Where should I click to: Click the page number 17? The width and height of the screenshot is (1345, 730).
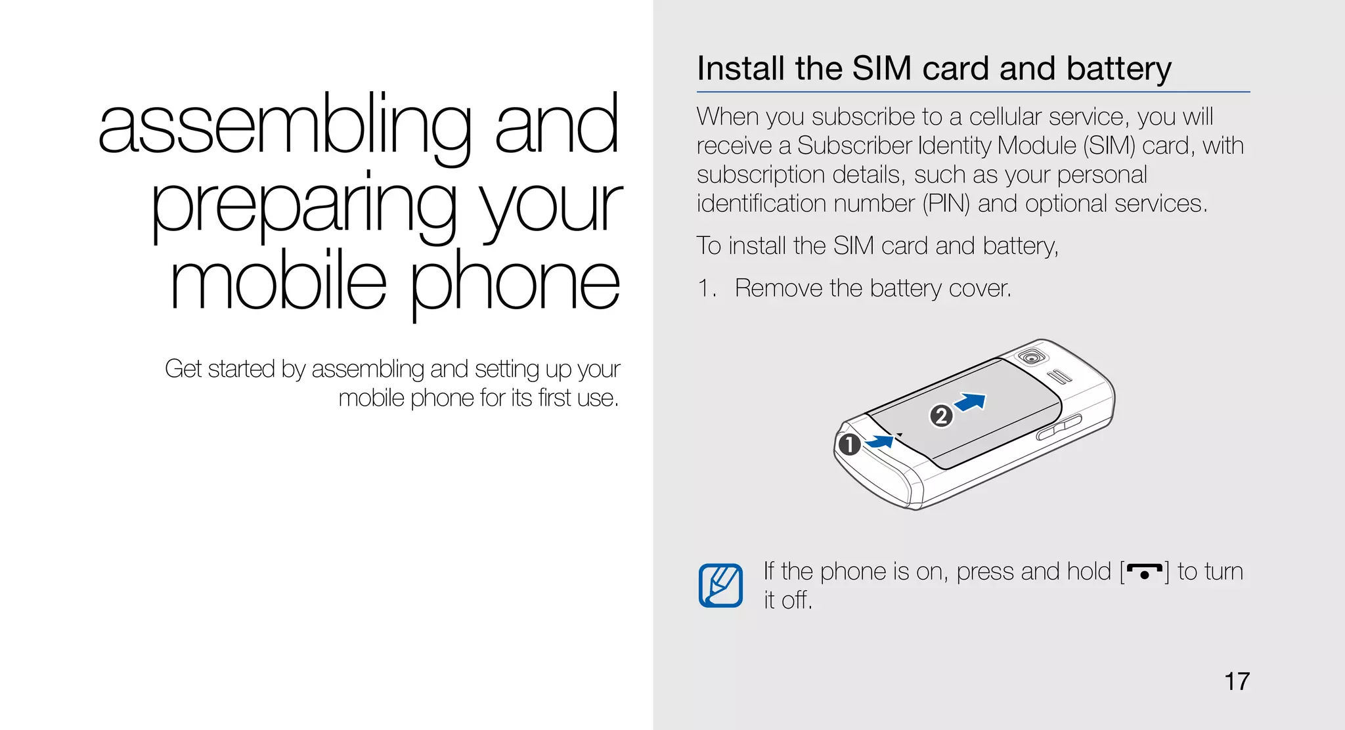pos(1237,681)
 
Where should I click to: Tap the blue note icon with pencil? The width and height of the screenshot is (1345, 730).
pos(720,585)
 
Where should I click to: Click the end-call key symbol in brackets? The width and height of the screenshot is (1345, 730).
pos(1144,572)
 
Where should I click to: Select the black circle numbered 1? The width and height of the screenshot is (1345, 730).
pos(849,444)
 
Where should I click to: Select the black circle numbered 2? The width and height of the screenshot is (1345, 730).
pos(941,416)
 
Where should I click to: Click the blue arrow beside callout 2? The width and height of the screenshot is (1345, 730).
pos(971,402)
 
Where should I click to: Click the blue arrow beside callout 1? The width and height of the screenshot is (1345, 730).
pos(880,442)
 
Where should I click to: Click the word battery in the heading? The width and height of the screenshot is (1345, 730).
pos(1118,68)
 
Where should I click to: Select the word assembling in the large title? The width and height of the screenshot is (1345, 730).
pos(284,126)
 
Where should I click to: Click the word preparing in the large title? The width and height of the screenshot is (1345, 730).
pos(303,205)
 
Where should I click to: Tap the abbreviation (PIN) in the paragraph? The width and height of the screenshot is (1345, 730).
pos(946,204)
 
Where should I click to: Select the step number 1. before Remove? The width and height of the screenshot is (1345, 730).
pos(706,288)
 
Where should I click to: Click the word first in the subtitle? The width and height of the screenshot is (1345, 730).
pos(554,398)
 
